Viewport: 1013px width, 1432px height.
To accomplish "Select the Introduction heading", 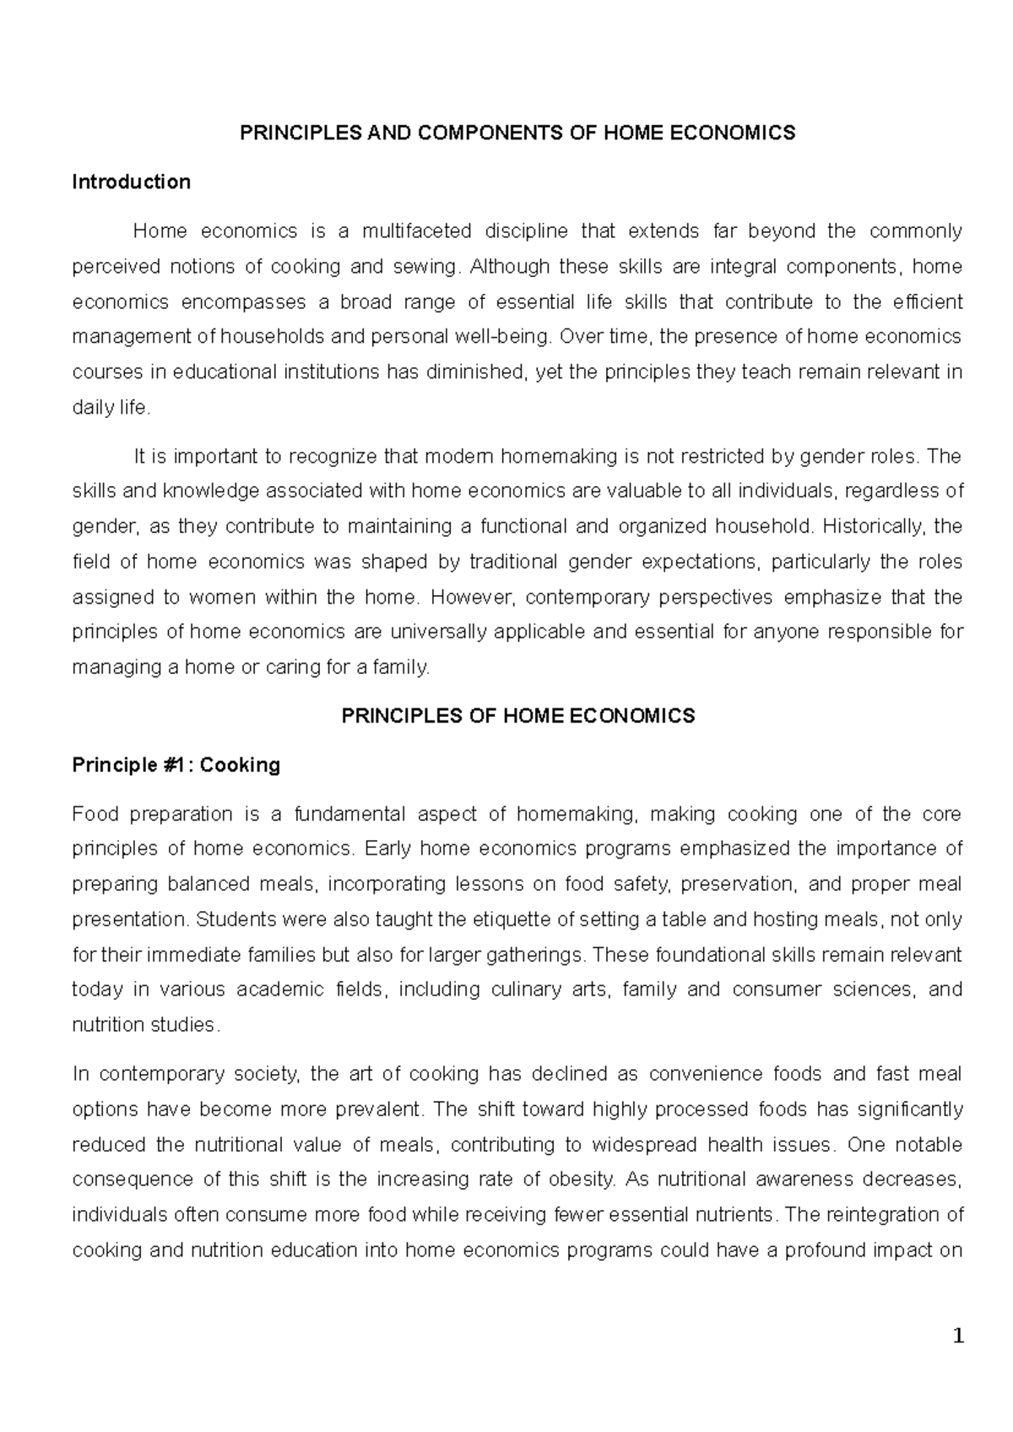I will point(131,182).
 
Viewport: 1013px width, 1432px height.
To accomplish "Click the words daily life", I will point(111,408).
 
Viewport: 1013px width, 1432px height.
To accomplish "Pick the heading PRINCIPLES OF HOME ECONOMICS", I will point(517,716).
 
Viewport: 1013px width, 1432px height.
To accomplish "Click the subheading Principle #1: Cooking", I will point(176,765).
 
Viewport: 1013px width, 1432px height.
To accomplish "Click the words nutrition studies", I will point(144,1025).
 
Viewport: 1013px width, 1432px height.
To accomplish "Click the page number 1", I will point(957,1337).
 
